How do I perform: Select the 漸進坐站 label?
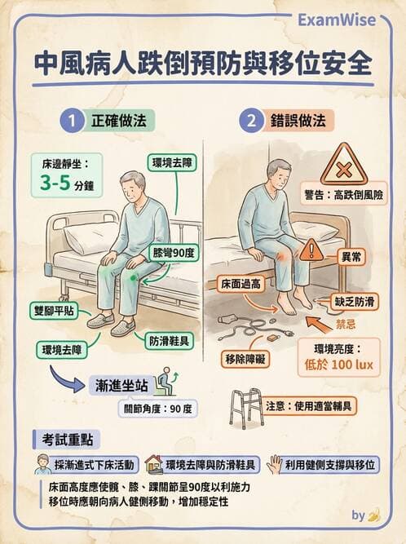(122, 383)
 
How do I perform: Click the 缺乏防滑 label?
(356, 301)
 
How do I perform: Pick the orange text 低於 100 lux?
(343, 362)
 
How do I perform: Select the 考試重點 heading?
(60, 440)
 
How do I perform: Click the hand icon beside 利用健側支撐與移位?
(276, 464)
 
